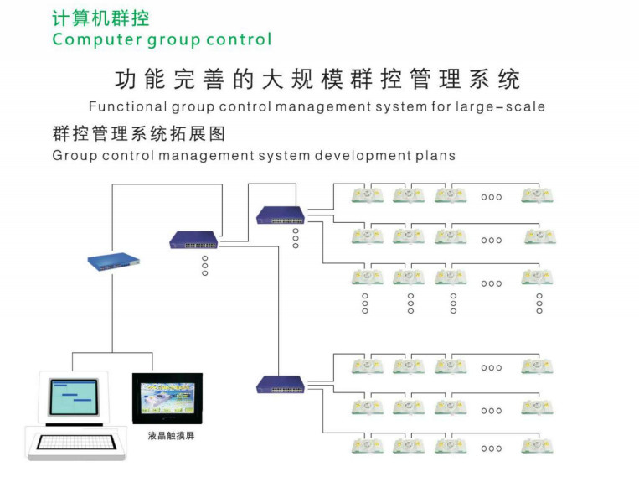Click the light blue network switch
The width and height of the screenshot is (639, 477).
(x=113, y=262)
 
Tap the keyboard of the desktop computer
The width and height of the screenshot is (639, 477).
(x=76, y=443)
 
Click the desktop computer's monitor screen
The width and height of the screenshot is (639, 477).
(x=74, y=397)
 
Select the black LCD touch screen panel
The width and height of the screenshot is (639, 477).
(x=167, y=399)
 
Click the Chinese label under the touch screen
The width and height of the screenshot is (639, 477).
(x=171, y=436)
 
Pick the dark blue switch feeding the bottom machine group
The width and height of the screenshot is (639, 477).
(x=281, y=385)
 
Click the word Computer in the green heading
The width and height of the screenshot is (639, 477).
(x=97, y=39)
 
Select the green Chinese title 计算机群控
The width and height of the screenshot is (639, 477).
(x=100, y=18)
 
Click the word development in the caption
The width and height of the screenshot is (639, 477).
(x=363, y=156)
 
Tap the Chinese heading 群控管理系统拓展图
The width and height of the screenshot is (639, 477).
(x=139, y=134)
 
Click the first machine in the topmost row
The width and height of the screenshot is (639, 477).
(x=367, y=194)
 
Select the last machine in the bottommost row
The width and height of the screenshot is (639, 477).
(x=537, y=446)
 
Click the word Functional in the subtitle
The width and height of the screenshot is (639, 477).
(x=128, y=107)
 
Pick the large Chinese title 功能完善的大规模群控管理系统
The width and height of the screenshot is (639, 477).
(x=317, y=79)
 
